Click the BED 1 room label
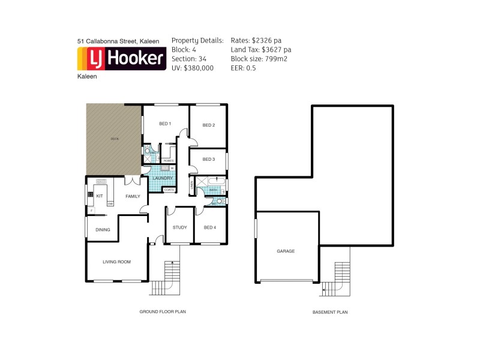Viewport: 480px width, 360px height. (x=165, y=124)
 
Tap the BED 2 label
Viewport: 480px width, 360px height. (x=208, y=125)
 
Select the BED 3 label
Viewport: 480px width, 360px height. (x=208, y=159)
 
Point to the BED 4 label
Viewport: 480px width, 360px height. (x=209, y=227)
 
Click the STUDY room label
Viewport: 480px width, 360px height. (x=180, y=227)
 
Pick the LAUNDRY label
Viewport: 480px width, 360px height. (x=163, y=178)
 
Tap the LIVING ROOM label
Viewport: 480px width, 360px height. (x=116, y=262)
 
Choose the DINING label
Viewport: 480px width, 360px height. (x=103, y=229)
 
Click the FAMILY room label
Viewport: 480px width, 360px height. (x=133, y=196)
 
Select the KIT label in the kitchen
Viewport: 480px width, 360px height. (x=100, y=196)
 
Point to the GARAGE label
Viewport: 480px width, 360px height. (x=286, y=251)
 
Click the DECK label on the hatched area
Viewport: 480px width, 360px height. (x=114, y=139)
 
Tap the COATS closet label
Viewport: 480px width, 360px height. (x=169, y=190)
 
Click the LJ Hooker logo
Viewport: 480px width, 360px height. (x=122, y=59)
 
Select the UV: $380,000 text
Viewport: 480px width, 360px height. (x=193, y=68)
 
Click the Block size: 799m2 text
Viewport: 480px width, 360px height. (x=259, y=59)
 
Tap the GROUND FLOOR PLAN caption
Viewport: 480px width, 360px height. (x=162, y=312)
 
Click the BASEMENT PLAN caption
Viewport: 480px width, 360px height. (x=330, y=312)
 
